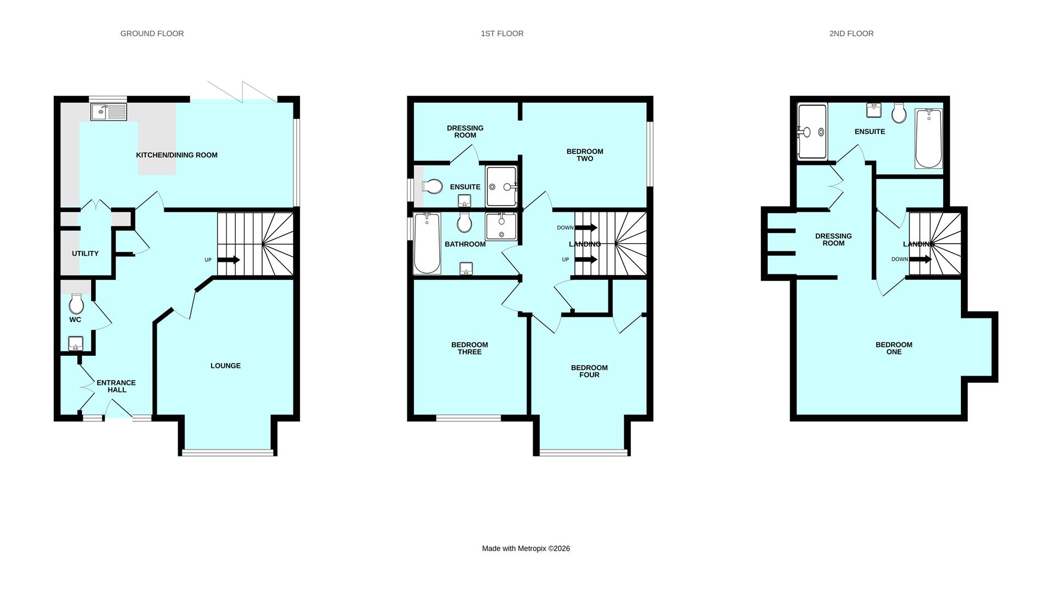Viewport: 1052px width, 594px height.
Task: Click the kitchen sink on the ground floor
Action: pos(109,112)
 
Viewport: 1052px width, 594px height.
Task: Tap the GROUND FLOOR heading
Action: pos(152,34)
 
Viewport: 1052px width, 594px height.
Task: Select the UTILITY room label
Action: pos(85,254)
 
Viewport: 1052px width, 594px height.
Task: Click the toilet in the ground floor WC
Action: pos(76,304)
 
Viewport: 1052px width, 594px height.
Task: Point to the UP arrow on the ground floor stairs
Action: pos(229,260)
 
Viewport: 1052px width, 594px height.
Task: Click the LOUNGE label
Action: pos(225,366)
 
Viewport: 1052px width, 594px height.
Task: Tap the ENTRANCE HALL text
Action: pos(116,386)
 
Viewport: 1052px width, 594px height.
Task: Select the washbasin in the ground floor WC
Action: pos(76,344)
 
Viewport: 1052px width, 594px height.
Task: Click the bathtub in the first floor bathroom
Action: pos(427,243)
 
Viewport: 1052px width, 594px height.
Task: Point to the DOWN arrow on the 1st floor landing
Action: pos(586,228)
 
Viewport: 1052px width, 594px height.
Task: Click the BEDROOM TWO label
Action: pos(585,155)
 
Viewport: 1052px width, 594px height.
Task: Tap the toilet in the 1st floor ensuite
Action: pos(433,186)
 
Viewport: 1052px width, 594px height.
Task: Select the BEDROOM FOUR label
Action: pos(589,371)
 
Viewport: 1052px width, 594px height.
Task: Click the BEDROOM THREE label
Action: pos(469,348)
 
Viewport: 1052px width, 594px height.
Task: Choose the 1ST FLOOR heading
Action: pos(502,34)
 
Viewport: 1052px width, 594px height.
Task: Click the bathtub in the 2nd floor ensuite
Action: pos(928,139)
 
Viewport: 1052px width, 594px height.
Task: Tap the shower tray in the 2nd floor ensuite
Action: pos(812,131)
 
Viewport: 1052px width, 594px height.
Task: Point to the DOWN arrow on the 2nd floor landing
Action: pos(920,259)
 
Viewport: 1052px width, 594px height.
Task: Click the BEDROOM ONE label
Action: pos(894,348)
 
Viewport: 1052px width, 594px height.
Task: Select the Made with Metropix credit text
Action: pos(525,548)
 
